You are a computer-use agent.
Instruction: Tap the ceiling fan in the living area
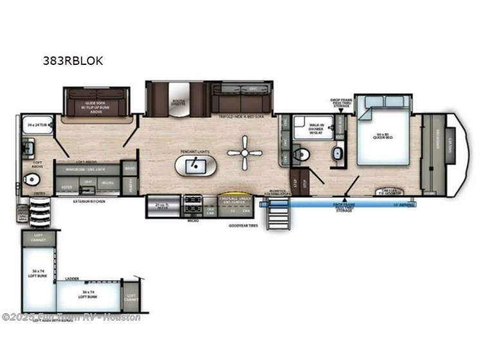246,154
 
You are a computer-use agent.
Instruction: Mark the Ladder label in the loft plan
72,280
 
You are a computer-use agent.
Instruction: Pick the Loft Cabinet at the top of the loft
39,239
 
